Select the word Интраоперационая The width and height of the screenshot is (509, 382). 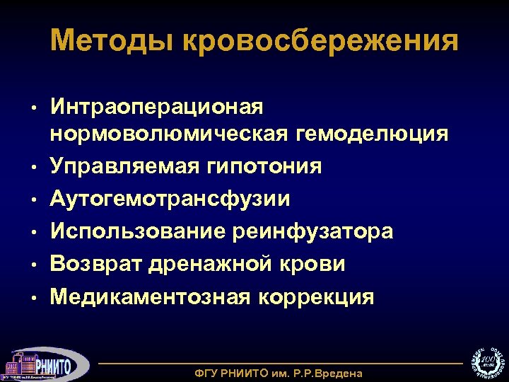click(x=156, y=108)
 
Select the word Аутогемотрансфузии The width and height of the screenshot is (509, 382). click(x=170, y=199)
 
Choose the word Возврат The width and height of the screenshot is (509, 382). click(x=95, y=264)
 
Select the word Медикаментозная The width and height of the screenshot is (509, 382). click(x=149, y=296)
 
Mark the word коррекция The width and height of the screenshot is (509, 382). click(x=316, y=296)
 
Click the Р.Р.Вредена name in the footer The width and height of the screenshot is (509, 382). click(x=329, y=374)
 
